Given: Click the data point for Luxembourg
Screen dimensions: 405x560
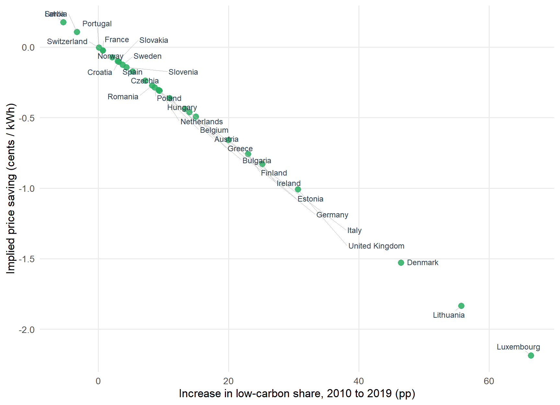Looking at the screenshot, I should pyautogui.click(x=531, y=355).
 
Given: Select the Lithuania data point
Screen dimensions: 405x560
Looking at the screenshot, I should pyautogui.click(x=461, y=306).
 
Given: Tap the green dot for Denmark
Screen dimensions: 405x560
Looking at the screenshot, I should pyautogui.click(x=401, y=263).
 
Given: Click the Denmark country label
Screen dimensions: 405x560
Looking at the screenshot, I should pyautogui.click(x=422, y=263).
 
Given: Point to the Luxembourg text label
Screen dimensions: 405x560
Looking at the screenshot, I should pyautogui.click(x=518, y=347).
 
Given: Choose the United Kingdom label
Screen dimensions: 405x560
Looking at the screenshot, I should pyautogui.click(x=376, y=246).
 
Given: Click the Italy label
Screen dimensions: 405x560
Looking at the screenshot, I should pyautogui.click(x=354, y=230).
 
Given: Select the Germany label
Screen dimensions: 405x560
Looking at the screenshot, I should pyautogui.click(x=332, y=215).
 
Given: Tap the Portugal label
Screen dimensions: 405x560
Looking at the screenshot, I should pyautogui.click(x=97, y=24).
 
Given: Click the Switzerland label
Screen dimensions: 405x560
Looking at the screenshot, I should pyautogui.click(x=67, y=42).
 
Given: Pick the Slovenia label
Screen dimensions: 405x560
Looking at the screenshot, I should pyautogui.click(x=183, y=72).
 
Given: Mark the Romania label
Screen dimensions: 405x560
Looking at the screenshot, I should pyautogui.click(x=123, y=97).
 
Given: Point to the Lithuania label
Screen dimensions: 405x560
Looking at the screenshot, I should pyautogui.click(x=449, y=315).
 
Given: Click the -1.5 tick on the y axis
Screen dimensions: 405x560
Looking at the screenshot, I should pyautogui.click(x=27, y=259).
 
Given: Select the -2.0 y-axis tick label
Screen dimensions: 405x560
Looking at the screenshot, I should pyautogui.click(x=27, y=330).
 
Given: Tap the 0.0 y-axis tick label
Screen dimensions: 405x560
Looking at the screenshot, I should pyautogui.click(x=28, y=47).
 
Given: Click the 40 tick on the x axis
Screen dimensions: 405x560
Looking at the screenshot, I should pyautogui.click(x=359, y=381).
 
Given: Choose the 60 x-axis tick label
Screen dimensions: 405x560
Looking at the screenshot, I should pyautogui.click(x=489, y=381).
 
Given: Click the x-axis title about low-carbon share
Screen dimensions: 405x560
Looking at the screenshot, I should pyautogui.click(x=297, y=394).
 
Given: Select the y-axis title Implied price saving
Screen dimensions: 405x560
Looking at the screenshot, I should pyautogui.click(x=11, y=188).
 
